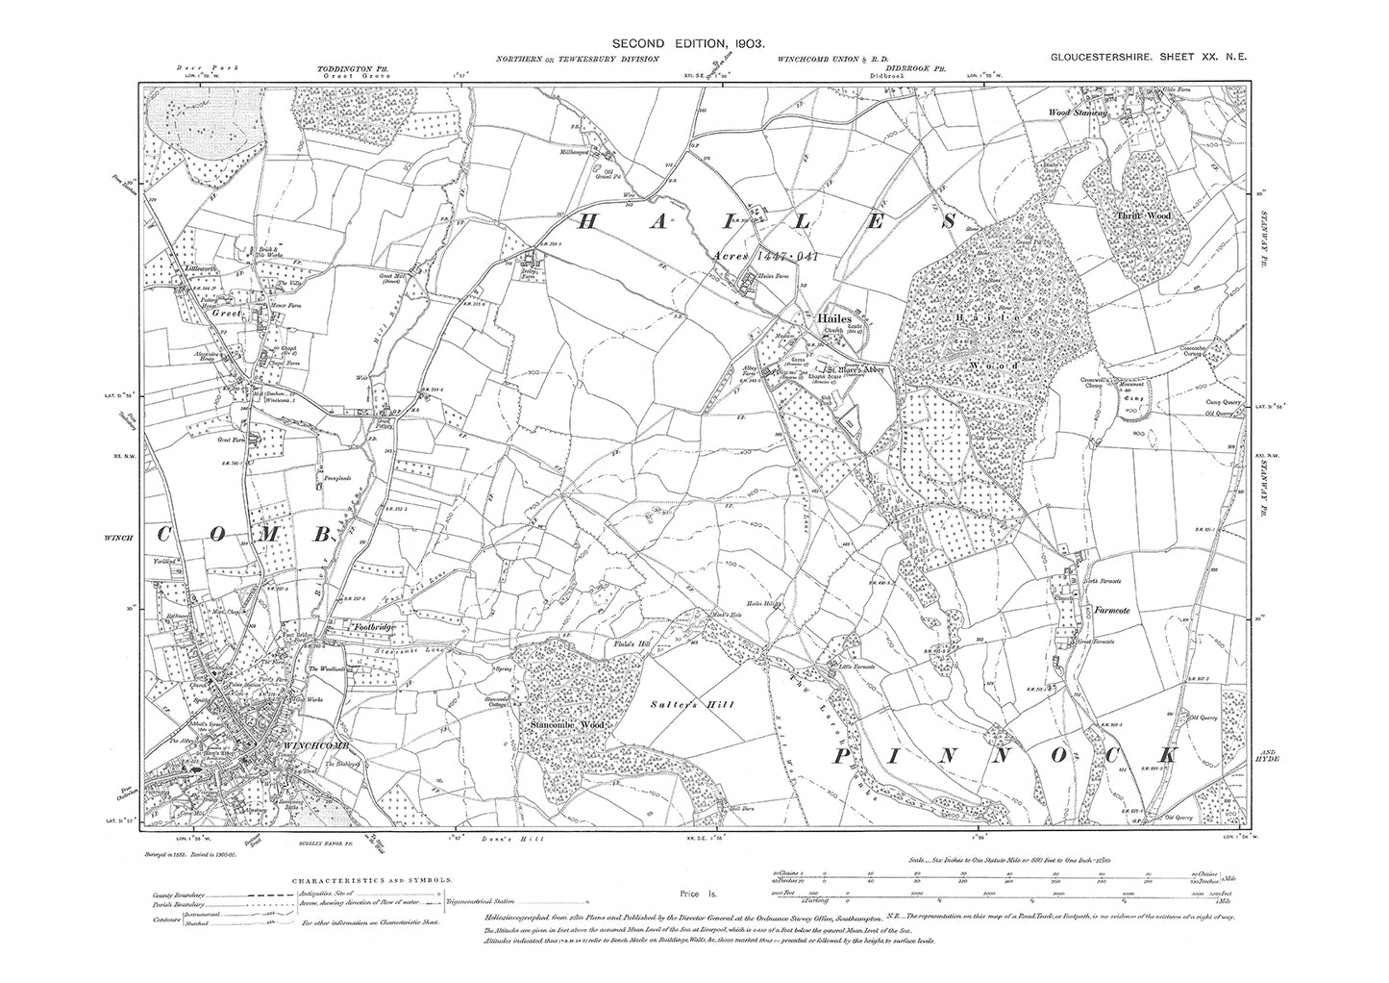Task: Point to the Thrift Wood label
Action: tap(1143, 217)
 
